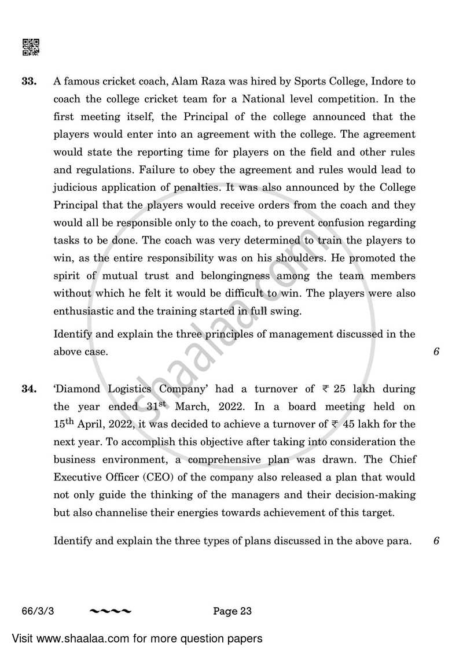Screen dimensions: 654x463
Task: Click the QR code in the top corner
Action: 31,47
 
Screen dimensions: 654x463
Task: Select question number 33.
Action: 30,82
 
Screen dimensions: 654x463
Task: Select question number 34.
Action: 30,389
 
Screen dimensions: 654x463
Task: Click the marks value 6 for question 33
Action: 436,352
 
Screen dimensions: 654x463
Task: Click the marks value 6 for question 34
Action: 436,541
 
